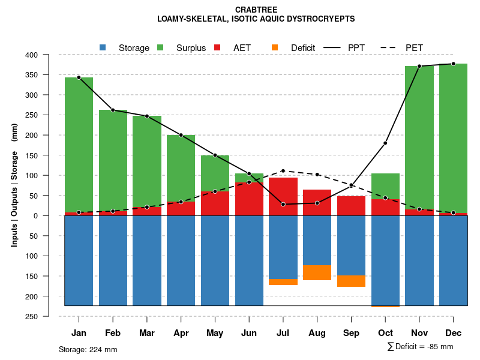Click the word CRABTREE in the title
click(x=256, y=10)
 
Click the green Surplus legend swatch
click(x=160, y=47)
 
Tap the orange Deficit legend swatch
click(x=275, y=47)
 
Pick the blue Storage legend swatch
click(x=103, y=47)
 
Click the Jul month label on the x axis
click(x=283, y=333)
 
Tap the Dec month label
click(x=453, y=333)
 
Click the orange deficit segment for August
click(x=317, y=272)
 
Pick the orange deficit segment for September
click(x=351, y=281)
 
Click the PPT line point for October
click(x=385, y=143)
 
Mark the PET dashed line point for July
click(x=283, y=171)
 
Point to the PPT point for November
click(x=419, y=66)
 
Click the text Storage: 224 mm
click(x=88, y=349)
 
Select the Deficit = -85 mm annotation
click(x=420, y=347)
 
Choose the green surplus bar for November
click(x=419, y=138)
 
